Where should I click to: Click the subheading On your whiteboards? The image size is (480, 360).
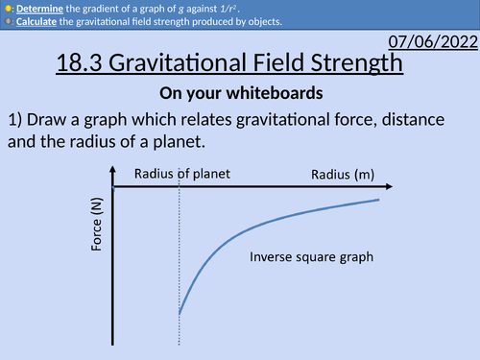pos(239,95)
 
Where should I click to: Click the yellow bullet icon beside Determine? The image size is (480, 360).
pos(6,6)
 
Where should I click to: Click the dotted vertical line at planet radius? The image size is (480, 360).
pos(180,259)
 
